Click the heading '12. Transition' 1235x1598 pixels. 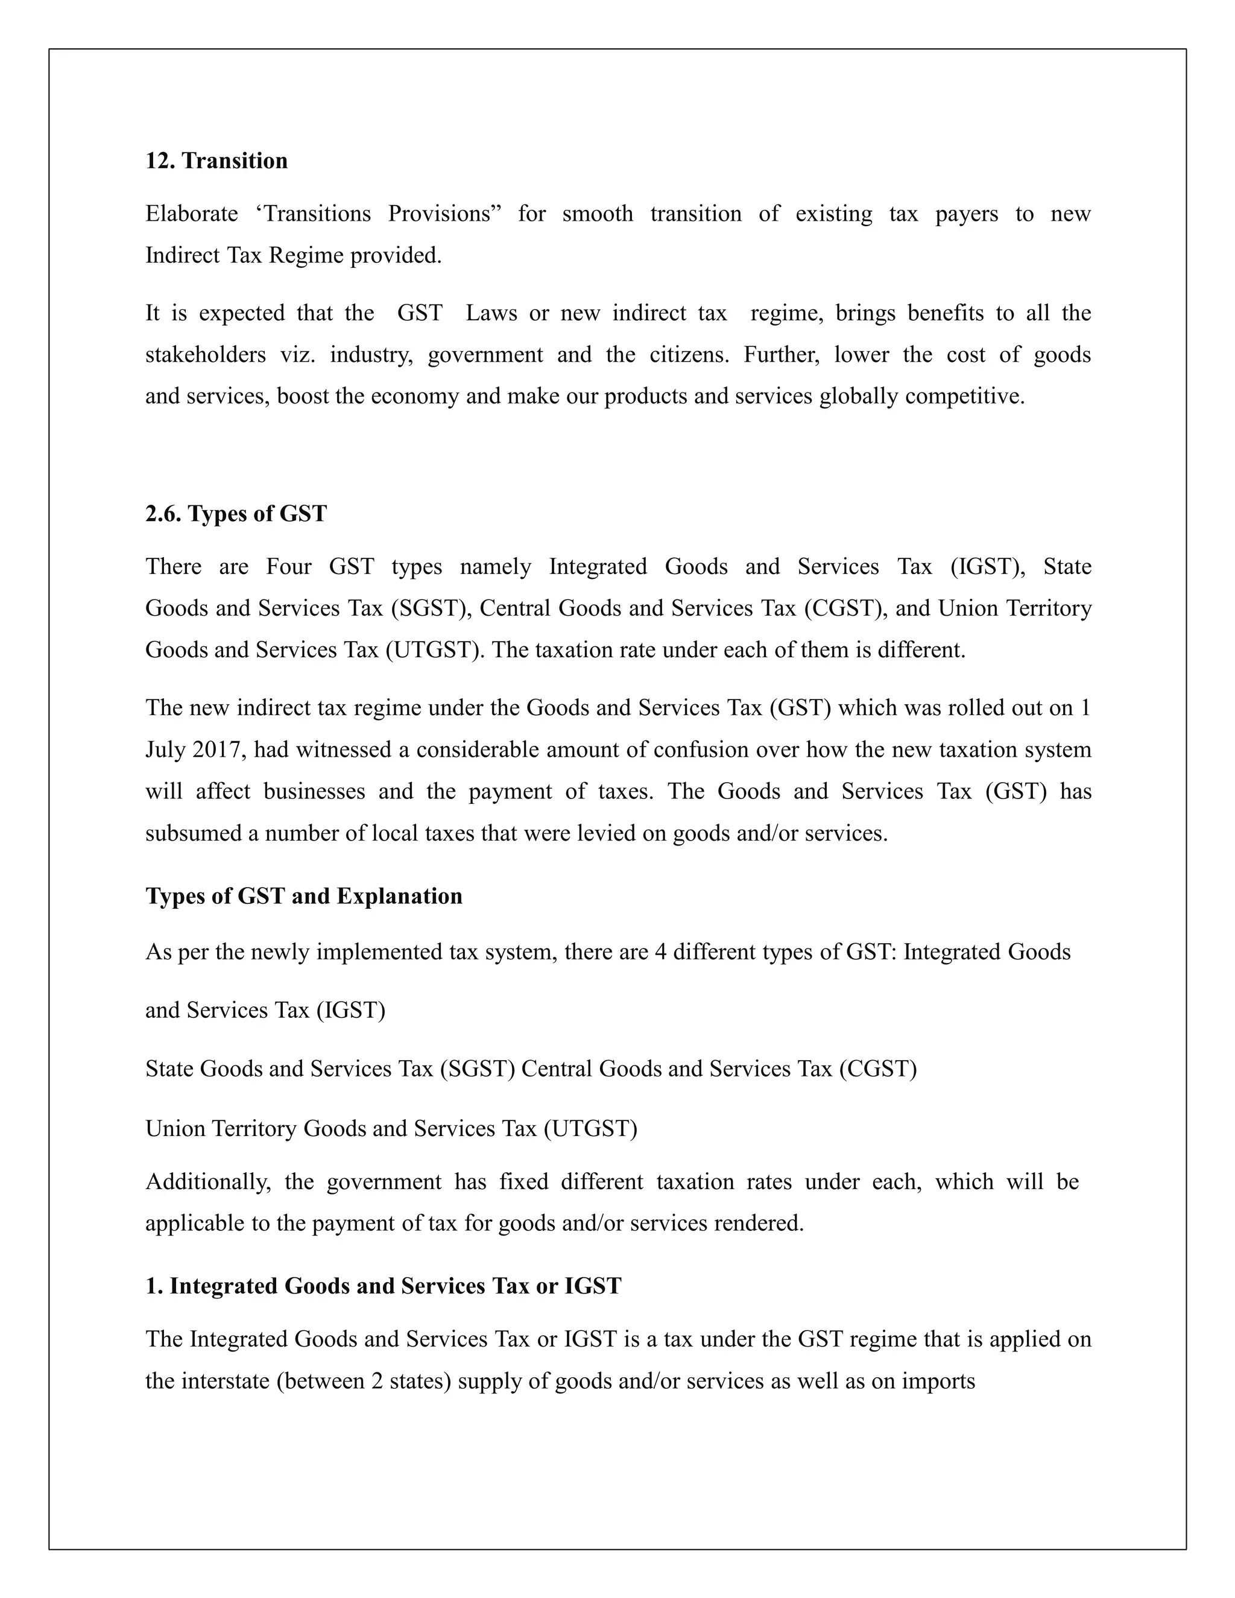coord(216,161)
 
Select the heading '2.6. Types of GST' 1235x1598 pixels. coord(236,514)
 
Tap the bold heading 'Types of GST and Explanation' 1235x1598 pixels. coord(304,895)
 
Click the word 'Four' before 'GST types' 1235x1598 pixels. coord(288,566)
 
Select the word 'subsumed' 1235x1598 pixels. coord(193,833)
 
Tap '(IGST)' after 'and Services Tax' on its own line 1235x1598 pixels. coord(350,1011)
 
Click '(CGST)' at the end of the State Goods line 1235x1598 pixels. coord(877,1069)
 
